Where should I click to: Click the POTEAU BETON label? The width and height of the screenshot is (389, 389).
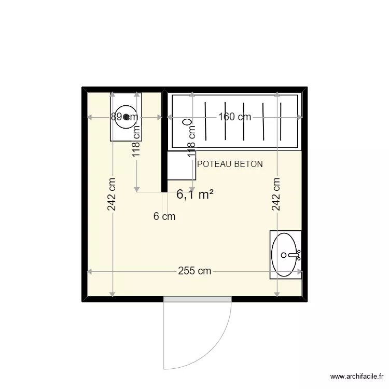tap(230, 164)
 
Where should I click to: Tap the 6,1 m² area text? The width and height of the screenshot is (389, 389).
tap(195, 195)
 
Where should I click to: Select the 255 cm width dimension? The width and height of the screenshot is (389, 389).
tap(195, 271)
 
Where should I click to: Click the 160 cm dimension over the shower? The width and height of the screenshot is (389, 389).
tap(234, 117)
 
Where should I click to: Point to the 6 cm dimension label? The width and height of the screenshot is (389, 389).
tap(164, 217)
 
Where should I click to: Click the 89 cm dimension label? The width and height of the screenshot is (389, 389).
tap(124, 117)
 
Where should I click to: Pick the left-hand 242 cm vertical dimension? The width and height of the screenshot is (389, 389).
tap(112, 195)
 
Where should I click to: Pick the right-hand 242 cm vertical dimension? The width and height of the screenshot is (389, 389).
tap(276, 195)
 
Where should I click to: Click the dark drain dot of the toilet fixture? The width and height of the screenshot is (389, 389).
tap(126, 117)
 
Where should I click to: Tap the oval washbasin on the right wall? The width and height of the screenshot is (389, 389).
tap(285, 254)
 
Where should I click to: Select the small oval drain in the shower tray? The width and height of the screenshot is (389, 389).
tap(187, 123)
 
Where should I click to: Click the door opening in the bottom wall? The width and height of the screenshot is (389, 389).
tap(197, 299)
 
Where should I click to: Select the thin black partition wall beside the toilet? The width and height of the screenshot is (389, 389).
tap(164, 143)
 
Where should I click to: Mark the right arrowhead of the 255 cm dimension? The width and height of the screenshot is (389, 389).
tap(300, 271)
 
